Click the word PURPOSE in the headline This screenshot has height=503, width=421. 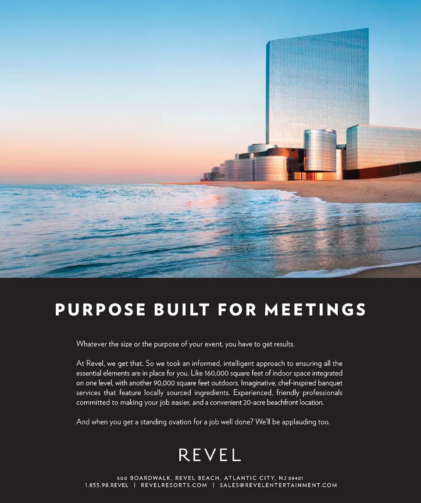click(100, 310)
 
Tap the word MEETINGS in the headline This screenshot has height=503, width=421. click(315, 310)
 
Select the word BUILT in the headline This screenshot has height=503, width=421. click(181, 310)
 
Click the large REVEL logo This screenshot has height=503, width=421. click(210, 455)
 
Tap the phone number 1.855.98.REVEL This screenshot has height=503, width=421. click(107, 485)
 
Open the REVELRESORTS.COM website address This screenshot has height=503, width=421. click(174, 485)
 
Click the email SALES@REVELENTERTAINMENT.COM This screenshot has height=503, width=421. click(278, 485)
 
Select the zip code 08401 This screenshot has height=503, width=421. click(296, 478)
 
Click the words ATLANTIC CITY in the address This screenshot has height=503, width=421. click(249, 478)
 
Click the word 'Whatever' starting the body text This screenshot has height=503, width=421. click(92, 344)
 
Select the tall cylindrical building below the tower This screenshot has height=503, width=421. click(320, 150)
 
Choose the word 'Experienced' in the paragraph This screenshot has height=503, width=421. click(253, 393)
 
